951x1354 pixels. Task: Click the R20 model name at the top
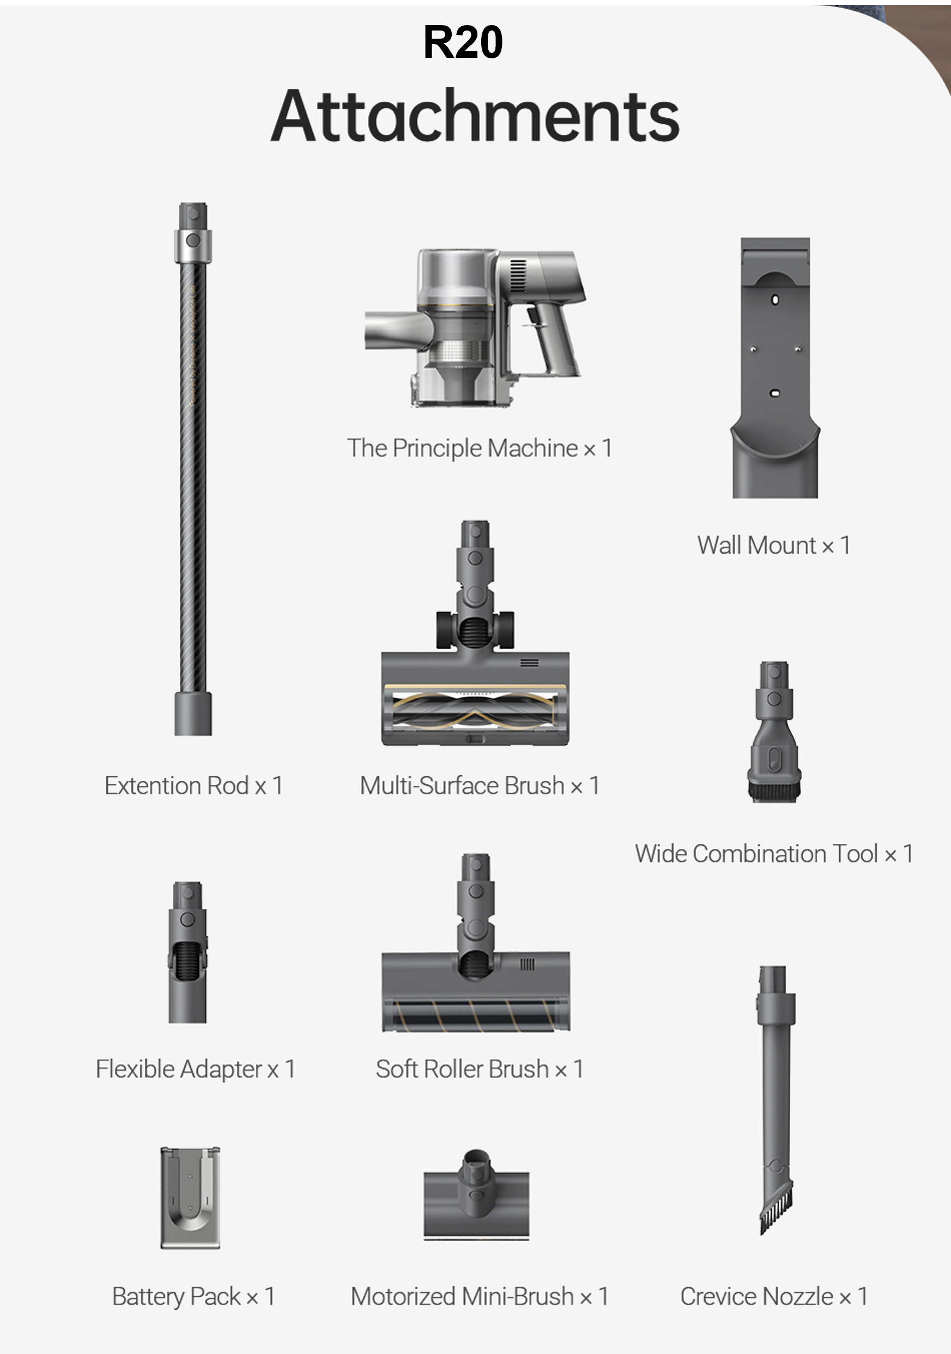pos(463,43)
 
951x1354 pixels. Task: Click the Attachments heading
pos(475,116)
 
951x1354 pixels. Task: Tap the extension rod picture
pos(193,469)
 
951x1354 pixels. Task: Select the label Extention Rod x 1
pos(193,785)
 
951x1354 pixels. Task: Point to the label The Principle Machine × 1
pos(480,448)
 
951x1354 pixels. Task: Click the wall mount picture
pos(776,367)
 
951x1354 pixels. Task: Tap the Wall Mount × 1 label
pos(773,546)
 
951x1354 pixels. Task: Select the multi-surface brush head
pos(475,633)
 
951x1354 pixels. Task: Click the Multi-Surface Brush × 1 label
pos(480,785)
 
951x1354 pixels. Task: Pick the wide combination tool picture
pos(774,732)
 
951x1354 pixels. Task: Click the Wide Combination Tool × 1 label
pos(774,854)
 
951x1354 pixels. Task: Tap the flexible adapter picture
pos(187,952)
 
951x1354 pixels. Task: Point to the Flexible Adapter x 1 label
pos(196,1069)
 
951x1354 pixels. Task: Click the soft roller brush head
pos(476,942)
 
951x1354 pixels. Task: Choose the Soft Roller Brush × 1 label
pos(480,1069)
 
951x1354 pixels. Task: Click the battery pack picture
pos(190,1198)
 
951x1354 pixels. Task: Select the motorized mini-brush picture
pos(476,1194)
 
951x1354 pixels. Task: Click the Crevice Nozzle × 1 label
pos(773,1297)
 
